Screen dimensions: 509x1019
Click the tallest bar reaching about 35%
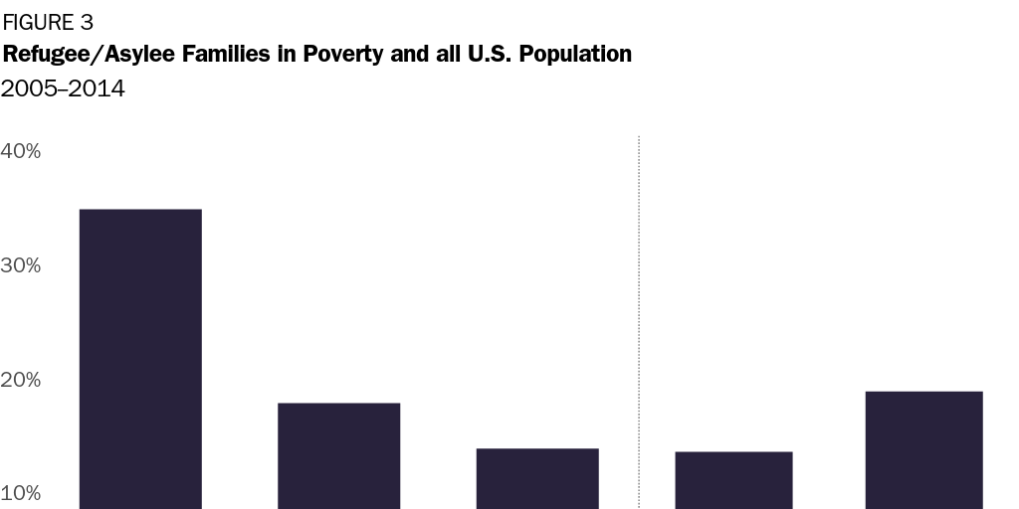point(140,358)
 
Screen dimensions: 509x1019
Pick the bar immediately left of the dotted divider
point(537,478)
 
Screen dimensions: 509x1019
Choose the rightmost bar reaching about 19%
point(923,449)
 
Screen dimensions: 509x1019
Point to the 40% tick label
point(21,151)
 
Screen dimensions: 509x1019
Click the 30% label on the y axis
point(21,265)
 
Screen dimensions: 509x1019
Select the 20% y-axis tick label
point(21,380)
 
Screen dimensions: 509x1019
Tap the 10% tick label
point(21,494)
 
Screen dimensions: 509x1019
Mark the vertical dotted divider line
point(638,318)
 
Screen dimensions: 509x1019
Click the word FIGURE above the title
point(38,23)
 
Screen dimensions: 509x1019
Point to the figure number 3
point(87,23)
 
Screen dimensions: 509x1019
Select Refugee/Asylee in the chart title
point(76,55)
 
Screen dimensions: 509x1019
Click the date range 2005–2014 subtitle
point(63,88)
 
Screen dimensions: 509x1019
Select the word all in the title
point(441,55)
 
